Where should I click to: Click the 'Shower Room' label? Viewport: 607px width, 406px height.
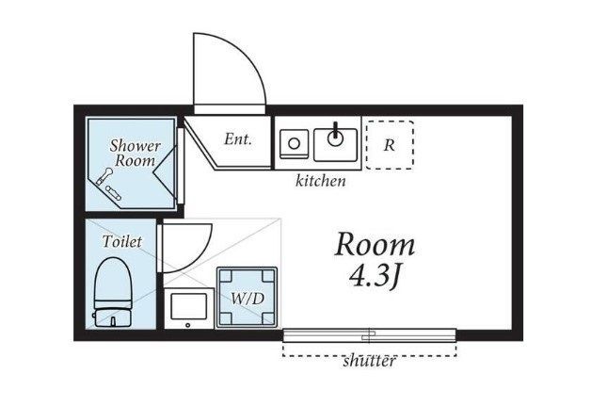tap(135, 154)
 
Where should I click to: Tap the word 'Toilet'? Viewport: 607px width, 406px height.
tap(122, 242)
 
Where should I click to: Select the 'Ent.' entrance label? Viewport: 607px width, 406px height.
tap(238, 139)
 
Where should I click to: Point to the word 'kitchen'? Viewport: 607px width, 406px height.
tap(321, 181)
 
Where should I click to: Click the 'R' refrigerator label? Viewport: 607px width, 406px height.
tap(389, 145)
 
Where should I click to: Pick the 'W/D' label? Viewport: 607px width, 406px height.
tap(248, 299)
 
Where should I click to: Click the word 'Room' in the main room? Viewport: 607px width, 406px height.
tap(375, 245)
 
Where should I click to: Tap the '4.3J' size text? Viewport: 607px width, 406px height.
tap(375, 276)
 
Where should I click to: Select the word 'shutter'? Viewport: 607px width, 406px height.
tap(369, 361)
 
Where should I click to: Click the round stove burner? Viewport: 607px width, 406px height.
tap(295, 144)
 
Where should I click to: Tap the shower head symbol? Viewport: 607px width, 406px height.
tap(104, 176)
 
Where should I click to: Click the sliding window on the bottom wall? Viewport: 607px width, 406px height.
tap(369, 335)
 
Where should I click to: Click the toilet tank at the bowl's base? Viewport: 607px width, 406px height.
tap(113, 317)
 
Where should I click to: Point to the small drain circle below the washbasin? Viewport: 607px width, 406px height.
tap(188, 325)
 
